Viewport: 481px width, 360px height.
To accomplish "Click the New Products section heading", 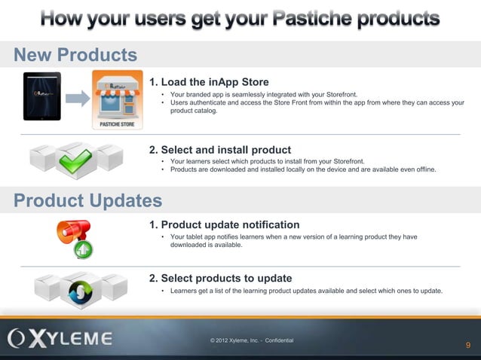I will click(75, 55).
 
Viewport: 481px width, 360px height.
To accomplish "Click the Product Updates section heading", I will click(87, 200).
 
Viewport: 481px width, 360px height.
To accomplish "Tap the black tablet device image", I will click(42, 96).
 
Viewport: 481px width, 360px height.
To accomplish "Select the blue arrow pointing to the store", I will click(77, 98).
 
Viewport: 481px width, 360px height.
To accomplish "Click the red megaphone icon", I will click(75, 229).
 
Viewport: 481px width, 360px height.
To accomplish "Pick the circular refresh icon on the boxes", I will click(76, 288).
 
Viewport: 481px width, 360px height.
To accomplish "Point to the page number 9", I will click(468, 345).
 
